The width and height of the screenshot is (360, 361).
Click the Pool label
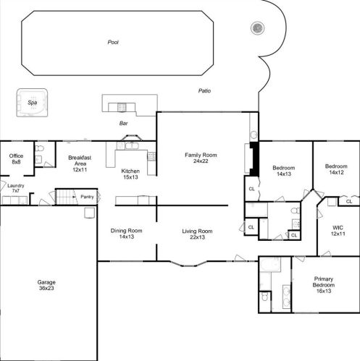tap(113, 42)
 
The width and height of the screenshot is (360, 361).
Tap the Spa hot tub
tap(32, 103)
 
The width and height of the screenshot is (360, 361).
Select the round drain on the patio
tap(257, 28)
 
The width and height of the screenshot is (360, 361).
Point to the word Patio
tap(204, 90)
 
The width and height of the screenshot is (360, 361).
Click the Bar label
tap(123, 124)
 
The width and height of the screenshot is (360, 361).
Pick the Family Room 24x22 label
tap(201, 158)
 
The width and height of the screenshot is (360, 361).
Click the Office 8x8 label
tap(16, 159)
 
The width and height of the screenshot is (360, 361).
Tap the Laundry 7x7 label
tap(16, 188)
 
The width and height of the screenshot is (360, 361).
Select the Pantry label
tap(87, 197)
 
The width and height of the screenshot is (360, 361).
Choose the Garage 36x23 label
tap(46, 285)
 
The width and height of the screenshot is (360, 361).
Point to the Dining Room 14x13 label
tap(126, 234)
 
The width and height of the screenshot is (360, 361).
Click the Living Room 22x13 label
tap(197, 234)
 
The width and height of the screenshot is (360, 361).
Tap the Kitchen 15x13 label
tap(130, 174)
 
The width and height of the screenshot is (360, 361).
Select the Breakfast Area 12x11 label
tap(80, 163)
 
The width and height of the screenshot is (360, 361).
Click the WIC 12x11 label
tap(338, 231)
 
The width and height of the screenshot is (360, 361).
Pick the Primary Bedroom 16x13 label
tap(324, 285)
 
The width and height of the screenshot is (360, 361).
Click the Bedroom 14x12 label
tap(336, 169)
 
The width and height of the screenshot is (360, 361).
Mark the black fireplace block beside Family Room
tap(254, 159)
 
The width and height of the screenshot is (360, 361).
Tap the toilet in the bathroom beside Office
tap(39, 148)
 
